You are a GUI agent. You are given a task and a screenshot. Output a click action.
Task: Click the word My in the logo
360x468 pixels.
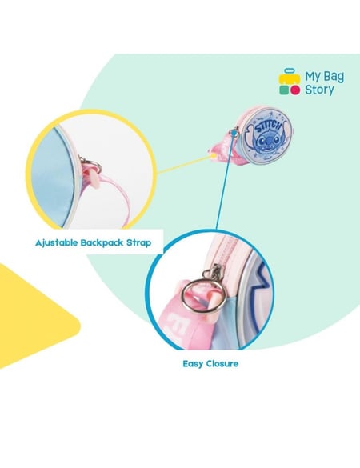pos(312,77)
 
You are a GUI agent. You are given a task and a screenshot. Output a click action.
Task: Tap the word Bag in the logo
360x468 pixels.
pos(334,77)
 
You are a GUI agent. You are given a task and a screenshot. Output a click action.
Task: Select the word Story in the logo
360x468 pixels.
pos(319,90)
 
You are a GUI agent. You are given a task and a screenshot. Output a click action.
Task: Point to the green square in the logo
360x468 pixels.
pos(283,90)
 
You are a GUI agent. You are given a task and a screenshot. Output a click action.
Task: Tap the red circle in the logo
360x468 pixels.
pos(295,90)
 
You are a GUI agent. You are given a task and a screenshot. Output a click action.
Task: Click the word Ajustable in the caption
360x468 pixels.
pos(56,243)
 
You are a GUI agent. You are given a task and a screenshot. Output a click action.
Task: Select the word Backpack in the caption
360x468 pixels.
pos(102,242)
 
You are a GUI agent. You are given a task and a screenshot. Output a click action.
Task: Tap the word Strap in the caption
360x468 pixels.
pos(139,243)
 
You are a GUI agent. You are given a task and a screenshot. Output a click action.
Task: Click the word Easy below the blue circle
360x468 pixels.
pos(193,364)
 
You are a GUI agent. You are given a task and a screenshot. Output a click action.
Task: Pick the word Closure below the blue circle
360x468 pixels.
pos(222,363)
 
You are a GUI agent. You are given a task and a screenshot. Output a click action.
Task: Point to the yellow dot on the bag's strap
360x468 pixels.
pos(213,155)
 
